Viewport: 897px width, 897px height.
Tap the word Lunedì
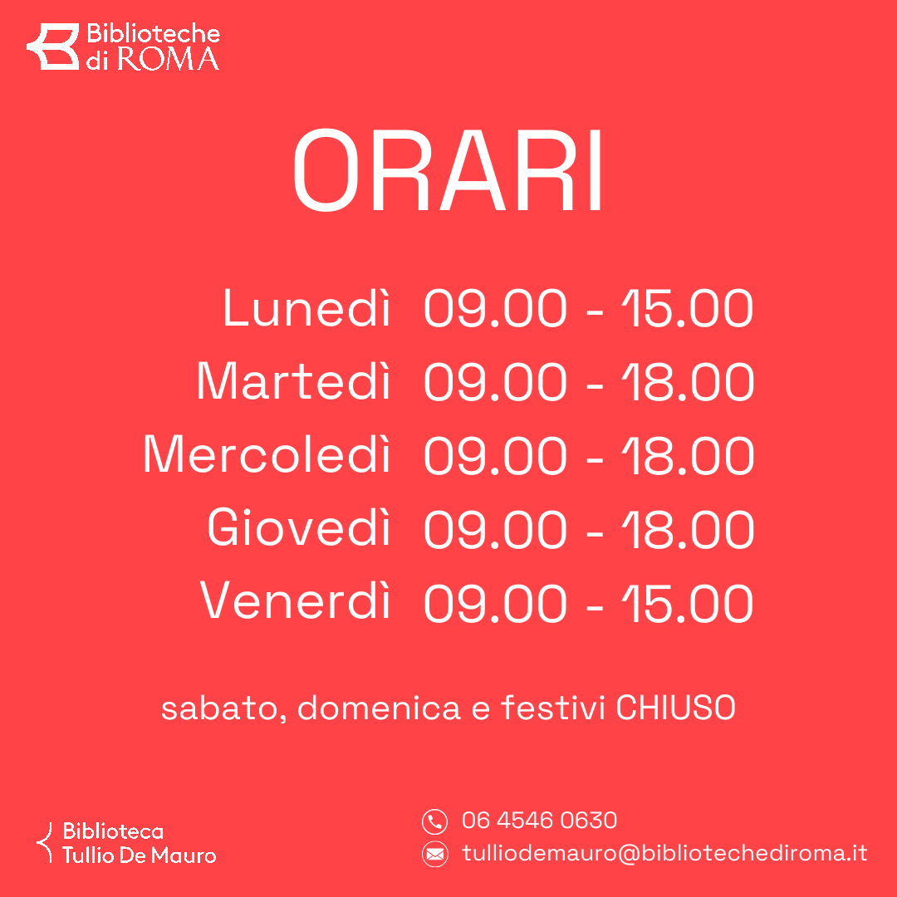point(306,309)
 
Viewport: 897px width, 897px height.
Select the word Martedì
point(293,382)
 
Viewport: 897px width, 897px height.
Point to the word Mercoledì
point(267,455)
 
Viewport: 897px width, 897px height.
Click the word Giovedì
point(299,528)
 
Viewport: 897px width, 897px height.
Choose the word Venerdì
point(296,601)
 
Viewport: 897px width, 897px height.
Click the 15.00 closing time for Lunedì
point(688,309)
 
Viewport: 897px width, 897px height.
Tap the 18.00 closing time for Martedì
point(688,382)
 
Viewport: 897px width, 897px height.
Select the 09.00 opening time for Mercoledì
point(495,455)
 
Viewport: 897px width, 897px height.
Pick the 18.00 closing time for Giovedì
point(688,528)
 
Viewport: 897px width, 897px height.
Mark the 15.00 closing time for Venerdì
point(688,601)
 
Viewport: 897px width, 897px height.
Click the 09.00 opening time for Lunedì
point(495,309)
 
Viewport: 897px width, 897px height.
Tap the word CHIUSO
point(675,708)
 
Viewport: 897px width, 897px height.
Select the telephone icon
point(434,821)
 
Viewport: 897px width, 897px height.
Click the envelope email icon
point(434,853)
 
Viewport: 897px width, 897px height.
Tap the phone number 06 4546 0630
point(539,821)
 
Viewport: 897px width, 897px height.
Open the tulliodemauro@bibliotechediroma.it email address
point(664,853)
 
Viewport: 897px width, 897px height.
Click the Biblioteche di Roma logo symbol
point(52,47)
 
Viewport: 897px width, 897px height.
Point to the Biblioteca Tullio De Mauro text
point(139,843)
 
